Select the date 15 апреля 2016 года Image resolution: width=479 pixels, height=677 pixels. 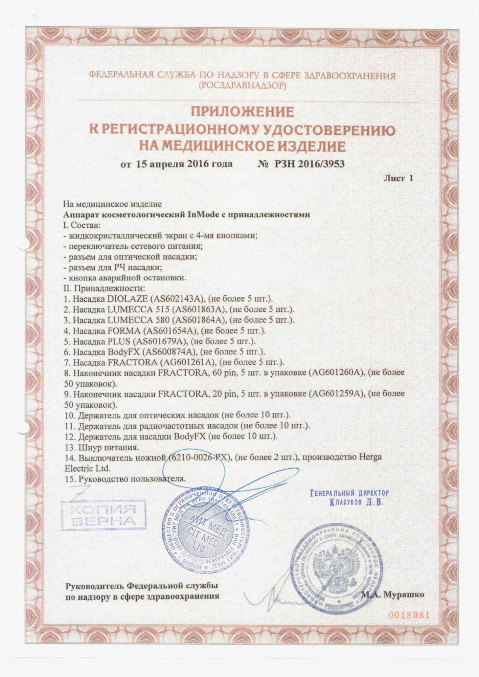[x=184, y=164]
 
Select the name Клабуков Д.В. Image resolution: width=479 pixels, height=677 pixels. [x=357, y=502]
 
